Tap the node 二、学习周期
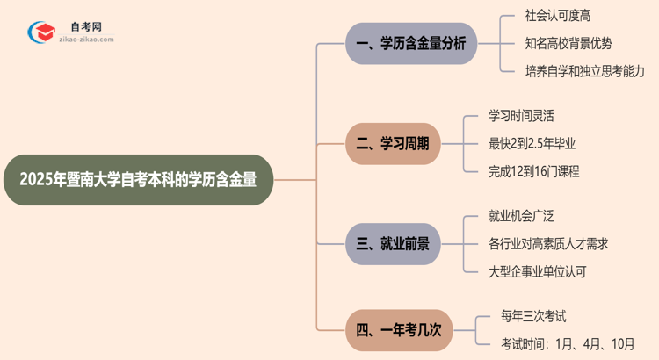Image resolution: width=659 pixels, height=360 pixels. coord(392,144)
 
